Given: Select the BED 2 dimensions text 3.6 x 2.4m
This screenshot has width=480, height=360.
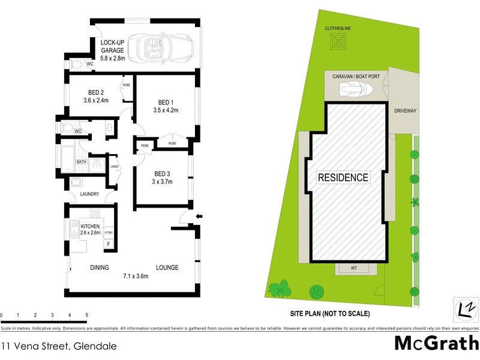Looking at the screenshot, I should (x=97, y=101).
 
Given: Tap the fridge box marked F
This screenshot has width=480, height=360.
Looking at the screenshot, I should (x=109, y=244).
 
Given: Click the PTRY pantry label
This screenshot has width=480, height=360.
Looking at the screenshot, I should (x=109, y=233).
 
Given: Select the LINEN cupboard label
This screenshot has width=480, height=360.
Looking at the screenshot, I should (x=114, y=166).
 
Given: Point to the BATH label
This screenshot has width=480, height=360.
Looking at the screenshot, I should (x=81, y=162).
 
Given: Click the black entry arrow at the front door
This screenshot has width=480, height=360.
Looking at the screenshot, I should (x=200, y=217).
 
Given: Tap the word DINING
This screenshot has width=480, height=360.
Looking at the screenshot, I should (x=100, y=268).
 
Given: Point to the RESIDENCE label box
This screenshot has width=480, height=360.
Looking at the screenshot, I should (x=343, y=178).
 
